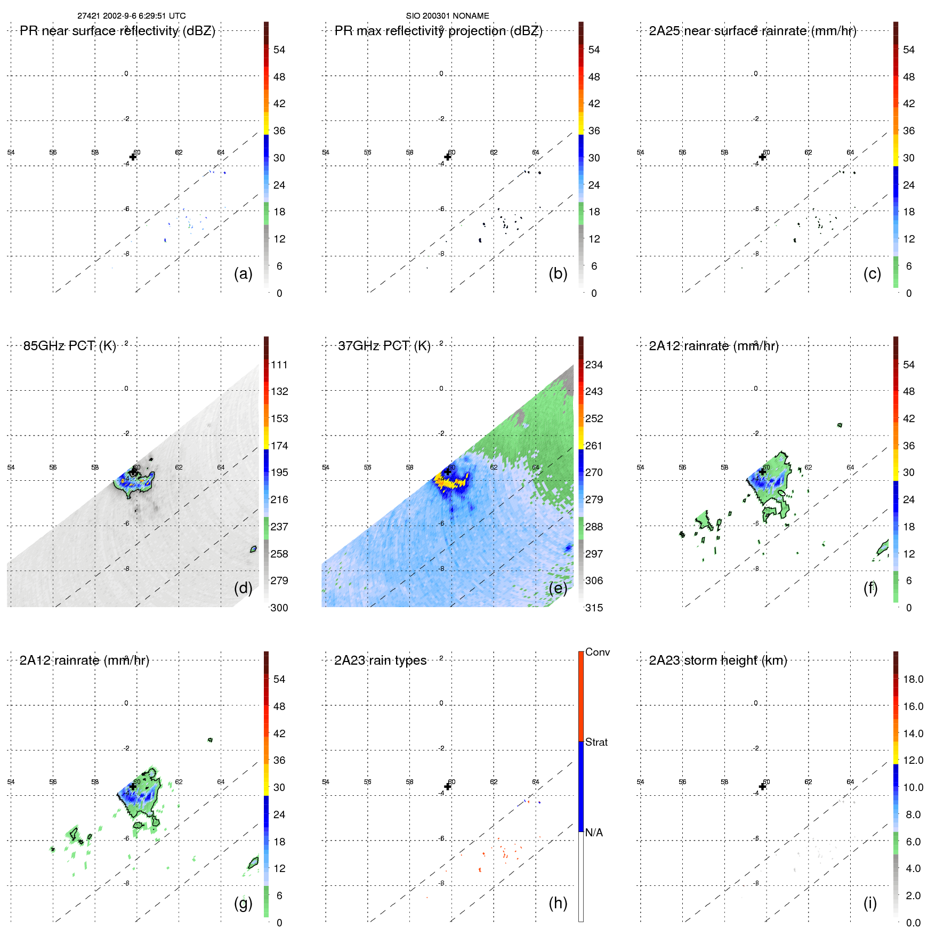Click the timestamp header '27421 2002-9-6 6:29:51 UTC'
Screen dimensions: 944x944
click(x=132, y=16)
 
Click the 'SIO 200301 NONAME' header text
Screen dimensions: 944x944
click(x=447, y=16)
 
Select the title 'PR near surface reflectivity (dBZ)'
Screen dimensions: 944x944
click(x=117, y=31)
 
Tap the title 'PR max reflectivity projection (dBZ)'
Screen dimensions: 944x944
click(x=438, y=31)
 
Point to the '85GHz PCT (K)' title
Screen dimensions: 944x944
click(x=69, y=346)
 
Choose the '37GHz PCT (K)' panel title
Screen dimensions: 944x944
click(x=384, y=346)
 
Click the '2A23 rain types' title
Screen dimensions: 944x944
click(x=380, y=660)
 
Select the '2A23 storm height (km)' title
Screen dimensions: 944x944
click(x=717, y=660)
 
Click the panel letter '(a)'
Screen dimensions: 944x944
click(x=243, y=274)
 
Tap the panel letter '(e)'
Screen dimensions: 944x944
click(x=558, y=588)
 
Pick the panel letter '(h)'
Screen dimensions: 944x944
click(x=558, y=903)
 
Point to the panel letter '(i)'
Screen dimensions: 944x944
click(x=870, y=903)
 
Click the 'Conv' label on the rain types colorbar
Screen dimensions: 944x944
click(x=597, y=652)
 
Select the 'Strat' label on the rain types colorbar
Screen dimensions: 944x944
click(x=596, y=742)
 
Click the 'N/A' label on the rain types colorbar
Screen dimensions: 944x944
click(x=594, y=833)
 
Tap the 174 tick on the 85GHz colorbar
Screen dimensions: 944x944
click(x=279, y=446)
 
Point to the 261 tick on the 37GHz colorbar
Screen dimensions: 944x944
click(x=594, y=446)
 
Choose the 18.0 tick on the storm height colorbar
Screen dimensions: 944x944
click(x=913, y=679)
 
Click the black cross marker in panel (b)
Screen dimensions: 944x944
click(x=448, y=157)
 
